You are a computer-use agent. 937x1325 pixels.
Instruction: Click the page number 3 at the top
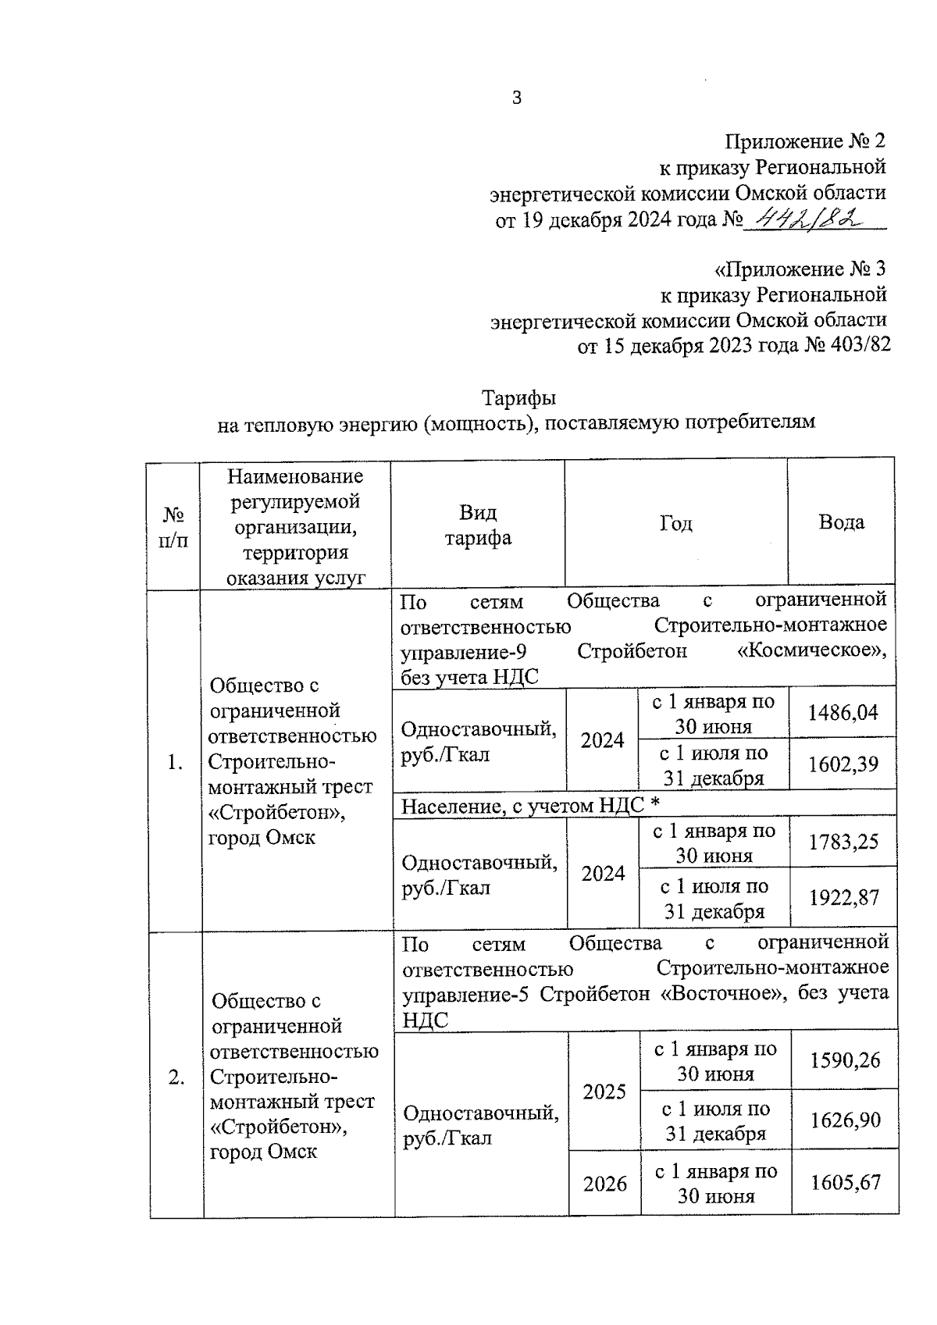tap(516, 98)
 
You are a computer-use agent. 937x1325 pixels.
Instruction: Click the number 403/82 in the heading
tap(857, 345)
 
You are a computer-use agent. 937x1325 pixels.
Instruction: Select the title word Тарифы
tap(518, 398)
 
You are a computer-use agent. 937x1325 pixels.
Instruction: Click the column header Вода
tap(841, 522)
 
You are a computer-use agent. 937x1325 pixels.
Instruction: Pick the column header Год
tap(675, 523)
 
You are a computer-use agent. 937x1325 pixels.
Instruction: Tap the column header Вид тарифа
tap(478, 525)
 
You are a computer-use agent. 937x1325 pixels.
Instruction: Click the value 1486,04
tap(843, 712)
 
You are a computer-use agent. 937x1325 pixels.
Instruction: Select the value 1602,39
tap(843, 764)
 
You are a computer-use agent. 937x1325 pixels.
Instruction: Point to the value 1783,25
tap(843, 842)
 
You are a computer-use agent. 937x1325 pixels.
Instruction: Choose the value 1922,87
tap(843, 898)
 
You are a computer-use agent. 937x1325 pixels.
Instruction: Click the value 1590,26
tap(845, 1060)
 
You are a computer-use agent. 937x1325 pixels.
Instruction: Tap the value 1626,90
tap(845, 1120)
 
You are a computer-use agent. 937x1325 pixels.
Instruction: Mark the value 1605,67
tap(845, 1183)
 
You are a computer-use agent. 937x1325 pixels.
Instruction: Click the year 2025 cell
tap(604, 1091)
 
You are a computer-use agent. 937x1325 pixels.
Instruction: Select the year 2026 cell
tap(605, 1184)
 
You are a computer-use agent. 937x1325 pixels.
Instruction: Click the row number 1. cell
tap(175, 763)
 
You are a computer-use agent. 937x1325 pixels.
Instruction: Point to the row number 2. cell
tap(176, 1077)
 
